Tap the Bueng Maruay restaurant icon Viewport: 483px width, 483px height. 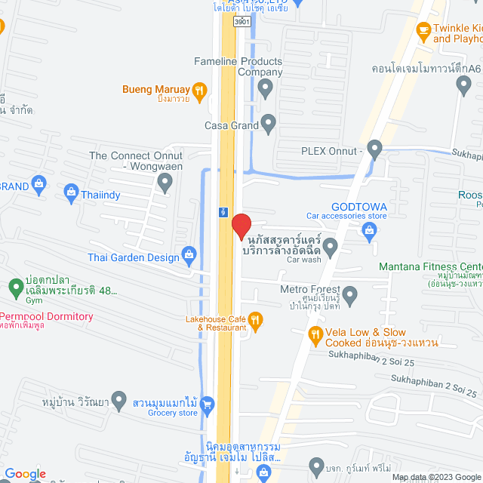click(199, 91)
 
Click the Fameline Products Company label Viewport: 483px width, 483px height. click(238, 66)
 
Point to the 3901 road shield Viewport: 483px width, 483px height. click(241, 23)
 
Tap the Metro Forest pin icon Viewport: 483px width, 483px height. click(349, 294)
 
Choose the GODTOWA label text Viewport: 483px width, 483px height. click(359, 207)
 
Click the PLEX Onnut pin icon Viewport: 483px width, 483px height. click(374, 149)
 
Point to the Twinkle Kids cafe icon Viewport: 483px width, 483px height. click(423, 32)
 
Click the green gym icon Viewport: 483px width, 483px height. click(14, 288)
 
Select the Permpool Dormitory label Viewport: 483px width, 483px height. click(47, 317)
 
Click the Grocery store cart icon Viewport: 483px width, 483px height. click(208, 404)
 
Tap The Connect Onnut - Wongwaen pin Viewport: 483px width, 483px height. click(165, 182)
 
